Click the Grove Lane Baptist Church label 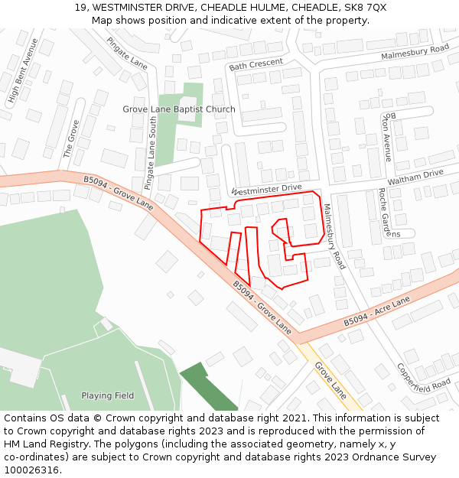point(179,109)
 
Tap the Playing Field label point(108,395)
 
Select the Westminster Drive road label point(266,189)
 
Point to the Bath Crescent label point(256,64)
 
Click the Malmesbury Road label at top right point(415,53)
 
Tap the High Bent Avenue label point(23,70)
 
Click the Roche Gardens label point(384,213)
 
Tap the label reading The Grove point(71,138)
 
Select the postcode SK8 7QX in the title point(365,8)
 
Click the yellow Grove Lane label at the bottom point(330,380)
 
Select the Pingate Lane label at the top point(127,53)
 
